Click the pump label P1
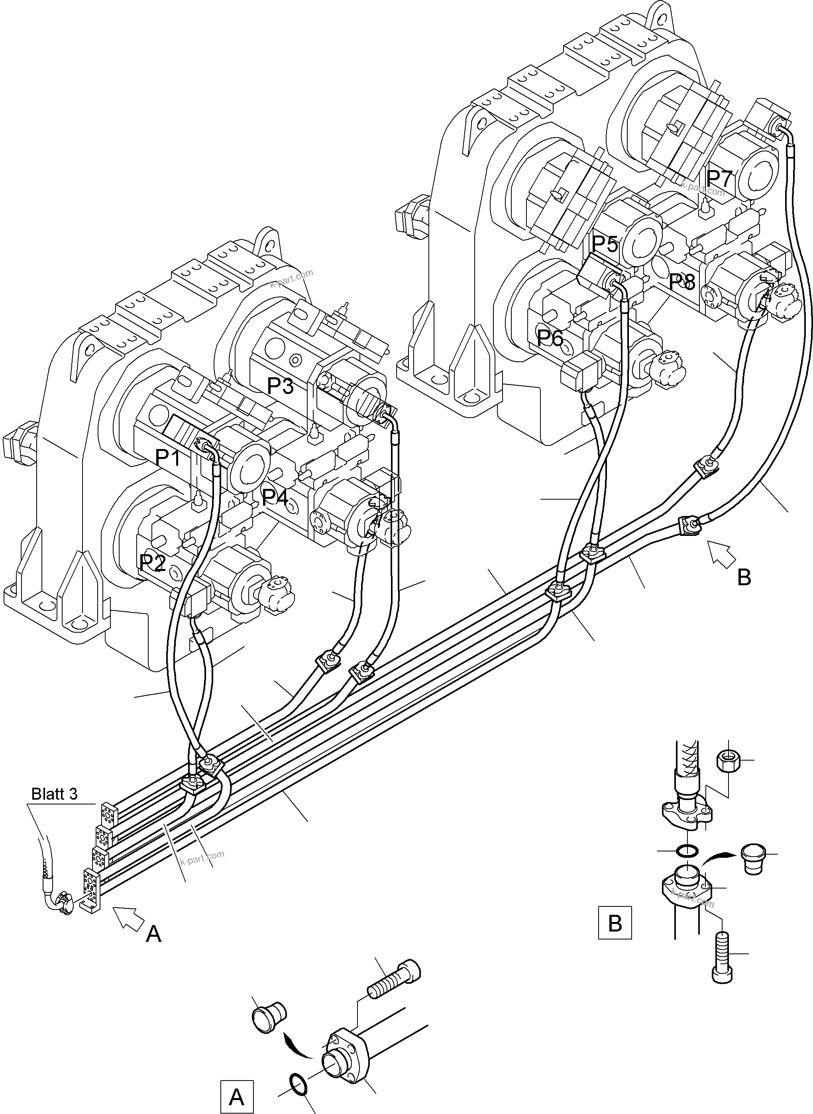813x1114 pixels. point(168,458)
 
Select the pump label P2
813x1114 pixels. point(152,562)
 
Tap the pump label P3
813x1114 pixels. point(280,386)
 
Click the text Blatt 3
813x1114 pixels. point(54,794)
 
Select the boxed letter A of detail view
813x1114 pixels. point(237,1097)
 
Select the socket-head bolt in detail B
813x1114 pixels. point(722,957)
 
